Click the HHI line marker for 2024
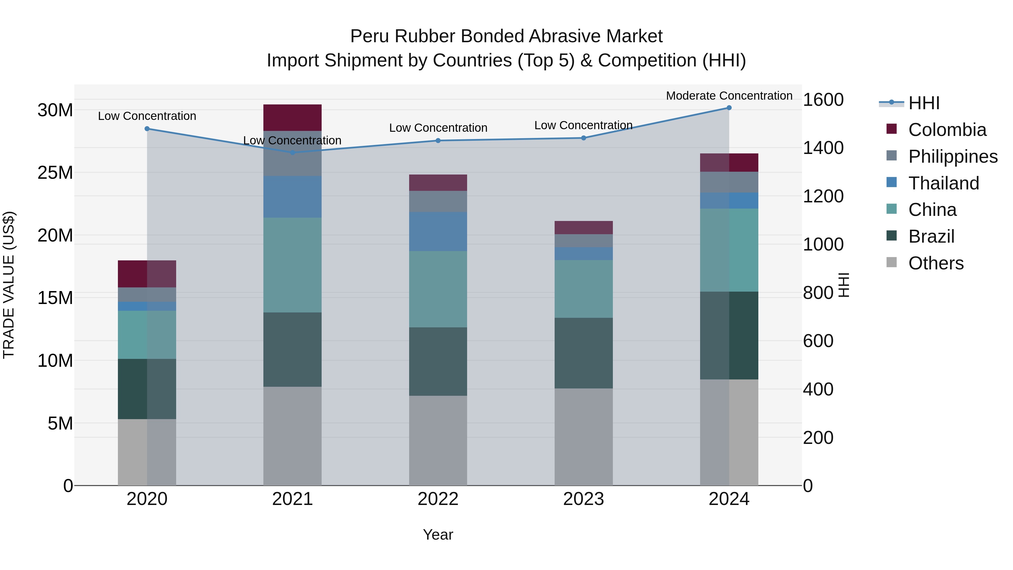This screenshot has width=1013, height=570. pyautogui.click(x=729, y=108)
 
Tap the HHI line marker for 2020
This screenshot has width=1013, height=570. pyautogui.click(x=147, y=129)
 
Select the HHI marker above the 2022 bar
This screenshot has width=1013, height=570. pyautogui.click(x=438, y=140)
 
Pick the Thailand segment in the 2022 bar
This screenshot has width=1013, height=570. pyautogui.click(x=438, y=231)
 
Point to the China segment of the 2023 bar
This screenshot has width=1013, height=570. pyautogui.click(x=584, y=289)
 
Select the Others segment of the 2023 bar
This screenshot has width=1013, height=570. pyautogui.click(x=584, y=437)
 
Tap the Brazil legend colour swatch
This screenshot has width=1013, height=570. pyautogui.click(x=891, y=236)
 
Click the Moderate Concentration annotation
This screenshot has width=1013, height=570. pyautogui.click(x=729, y=96)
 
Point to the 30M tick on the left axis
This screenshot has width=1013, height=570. pyautogui.click(x=55, y=110)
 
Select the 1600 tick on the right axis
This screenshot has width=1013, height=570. pyautogui.click(x=823, y=100)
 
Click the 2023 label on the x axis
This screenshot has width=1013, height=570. pyautogui.click(x=584, y=499)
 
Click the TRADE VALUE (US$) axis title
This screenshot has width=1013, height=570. pyautogui.click(x=9, y=285)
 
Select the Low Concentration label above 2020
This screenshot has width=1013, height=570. pyautogui.click(x=147, y=116)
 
